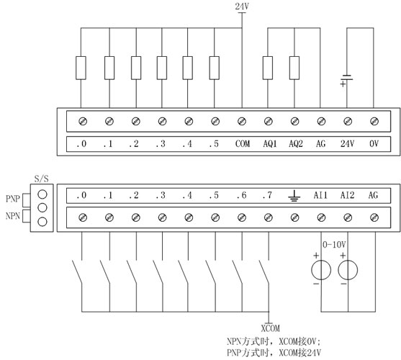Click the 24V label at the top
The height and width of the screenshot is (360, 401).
pyautogui.click(x=242, y=6)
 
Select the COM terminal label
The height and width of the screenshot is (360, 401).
pyautogui.click(x=243, y=144)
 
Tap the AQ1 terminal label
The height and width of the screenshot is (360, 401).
pyautogui.click(x=270, y=144)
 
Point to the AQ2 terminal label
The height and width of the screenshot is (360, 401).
pyautogui.click(x=296, y=144)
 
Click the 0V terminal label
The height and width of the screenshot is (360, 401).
pyautogui.click(x=374, y=144)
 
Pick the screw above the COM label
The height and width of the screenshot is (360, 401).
pyautogui.click(x=242, y=121)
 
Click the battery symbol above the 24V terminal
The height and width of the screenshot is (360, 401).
pyautogui.click(x=347, y=79)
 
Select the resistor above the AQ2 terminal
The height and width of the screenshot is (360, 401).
pyautogui.click(x=294, y=68)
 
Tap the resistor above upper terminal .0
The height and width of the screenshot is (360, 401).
pyautogui.click(x=81, y=68)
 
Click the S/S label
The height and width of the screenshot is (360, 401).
pyautogui.click(x=42, y=179)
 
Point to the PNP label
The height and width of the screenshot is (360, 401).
pyautogui.click(x=13, y=199)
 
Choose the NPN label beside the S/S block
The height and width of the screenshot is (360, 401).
pyautogui.click(x=13, y=216)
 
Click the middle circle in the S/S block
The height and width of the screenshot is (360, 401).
pyautogui.click(x=42, y=207)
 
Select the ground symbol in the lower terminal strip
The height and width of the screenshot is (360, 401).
pyautogui.click(x=294, y=196)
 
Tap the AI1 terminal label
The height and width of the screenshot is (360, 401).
pyautogui.click(x=320, y=195)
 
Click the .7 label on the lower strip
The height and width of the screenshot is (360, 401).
pyautogui.click(x=267, y=195)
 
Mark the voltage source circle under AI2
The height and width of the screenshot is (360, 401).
pyautogui.click(x=348, y=270)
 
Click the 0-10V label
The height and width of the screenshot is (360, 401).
pyautogui.click(x=334, y=245)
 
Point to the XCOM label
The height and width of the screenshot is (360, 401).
pyautogui.click(x=270, y=328)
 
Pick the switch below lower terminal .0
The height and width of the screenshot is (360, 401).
pyautogui.click(x=77, y=271)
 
